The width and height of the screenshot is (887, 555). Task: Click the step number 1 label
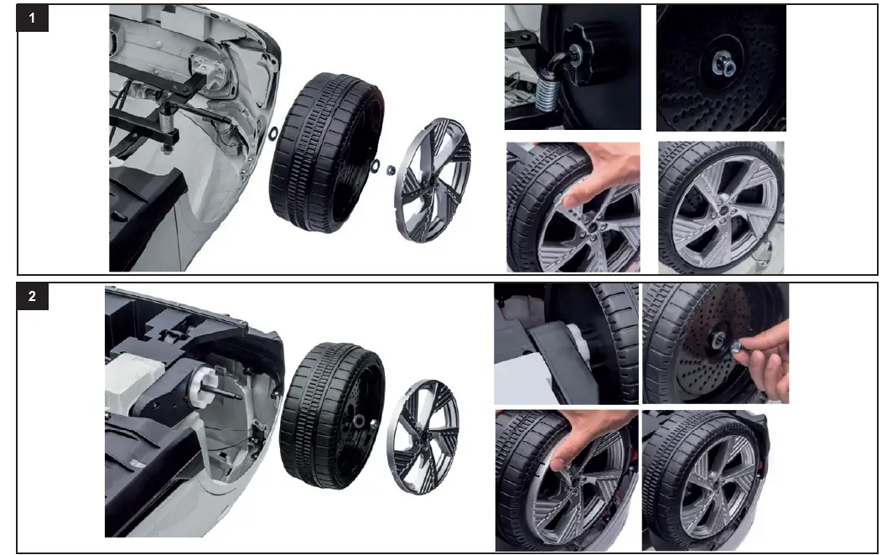click(32, 21)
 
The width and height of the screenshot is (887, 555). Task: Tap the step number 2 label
click(32, 298)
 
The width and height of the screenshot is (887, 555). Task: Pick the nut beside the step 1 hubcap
click(390, 170)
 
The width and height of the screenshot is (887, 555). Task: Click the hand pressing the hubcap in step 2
click(578, 436)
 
